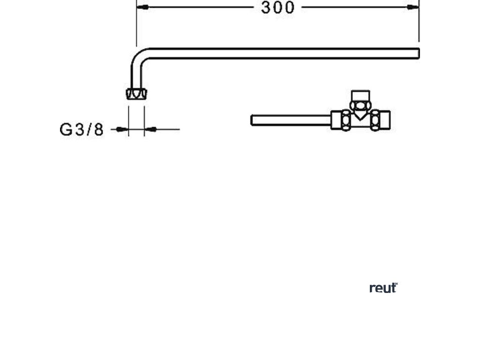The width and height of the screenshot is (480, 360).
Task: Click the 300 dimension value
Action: pyautogui.click(x=278, y=8)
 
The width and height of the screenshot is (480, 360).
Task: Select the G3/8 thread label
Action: pyautogui.click(x=82, y=129)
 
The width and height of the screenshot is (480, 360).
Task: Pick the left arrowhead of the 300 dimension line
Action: pyautogui.click(x=142, y=7)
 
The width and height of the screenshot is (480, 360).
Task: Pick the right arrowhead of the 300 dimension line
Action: pyautogui.click(x=413, y=7)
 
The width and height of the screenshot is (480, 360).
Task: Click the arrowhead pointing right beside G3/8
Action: pyautogui.click(x=123, y=129)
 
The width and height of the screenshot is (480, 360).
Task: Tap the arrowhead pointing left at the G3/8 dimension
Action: pyautogui.click(x=150, y=129)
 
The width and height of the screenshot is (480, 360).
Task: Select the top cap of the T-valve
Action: pyautogui.click(x=360, y=94)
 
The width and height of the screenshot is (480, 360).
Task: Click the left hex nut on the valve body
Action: pyautogui.click(x=346, y=120)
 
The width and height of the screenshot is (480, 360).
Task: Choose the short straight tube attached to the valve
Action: pyautogui.click(x=291, y=120)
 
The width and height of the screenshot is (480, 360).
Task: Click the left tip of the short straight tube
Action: pyautogui.click(x=253, y=120)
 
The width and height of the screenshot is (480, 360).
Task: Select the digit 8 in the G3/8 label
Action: pyautogui.click(x=98, y=129)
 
